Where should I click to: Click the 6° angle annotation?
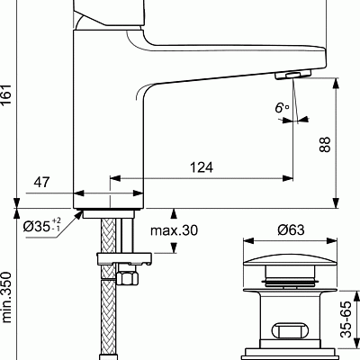(283, 108)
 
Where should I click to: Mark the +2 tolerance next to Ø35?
(56, 220)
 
